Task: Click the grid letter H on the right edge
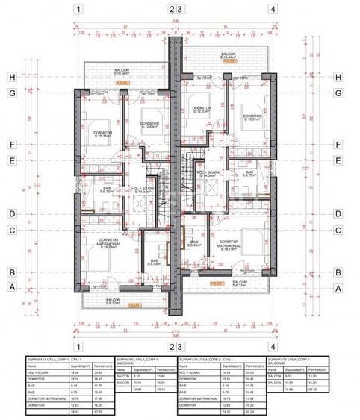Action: click(x=338, y=77)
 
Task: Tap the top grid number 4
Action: click(x=273, y=10)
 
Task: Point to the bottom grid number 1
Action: click(x=77, y=346)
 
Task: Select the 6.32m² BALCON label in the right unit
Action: click(x=239, y=284)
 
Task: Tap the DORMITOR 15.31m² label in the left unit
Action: click(x=100, y=134)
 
